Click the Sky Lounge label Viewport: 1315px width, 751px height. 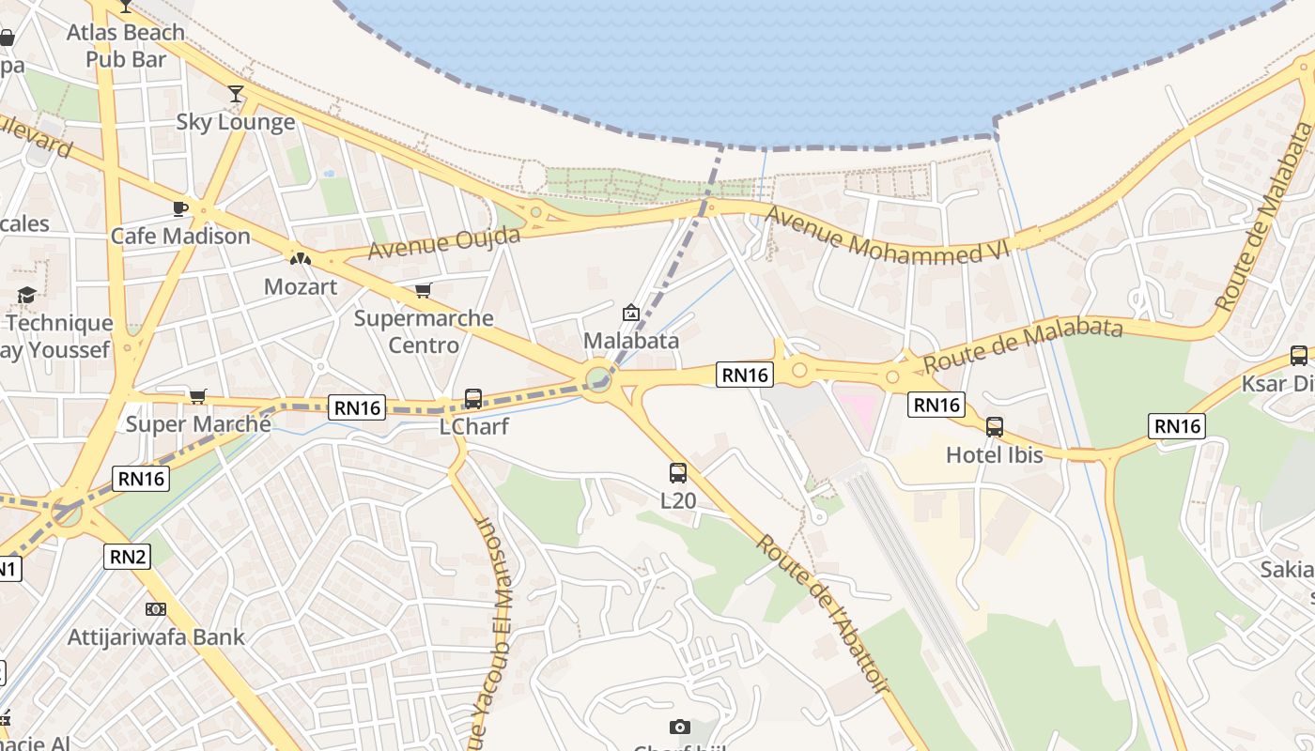point(236,122)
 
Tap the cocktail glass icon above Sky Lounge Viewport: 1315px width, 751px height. point(236,93)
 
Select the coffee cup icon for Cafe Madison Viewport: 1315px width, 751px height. point(180,207)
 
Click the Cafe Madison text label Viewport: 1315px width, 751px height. point(180,236)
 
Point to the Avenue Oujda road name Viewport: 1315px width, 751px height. point(443,242)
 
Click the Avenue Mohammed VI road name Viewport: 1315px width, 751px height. point(887,234)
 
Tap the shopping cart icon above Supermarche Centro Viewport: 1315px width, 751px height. point(424,290)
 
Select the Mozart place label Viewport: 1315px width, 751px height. point(301,285)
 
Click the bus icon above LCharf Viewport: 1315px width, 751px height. point(473,399)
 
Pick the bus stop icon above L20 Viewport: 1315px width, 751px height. point(678,472)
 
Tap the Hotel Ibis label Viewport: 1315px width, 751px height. point(995,455)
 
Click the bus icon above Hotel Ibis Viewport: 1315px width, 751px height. point(995,427)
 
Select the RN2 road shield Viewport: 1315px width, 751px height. point(128,557)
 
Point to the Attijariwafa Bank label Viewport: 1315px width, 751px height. point(156,637)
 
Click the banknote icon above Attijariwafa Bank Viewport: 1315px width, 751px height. point(156,609)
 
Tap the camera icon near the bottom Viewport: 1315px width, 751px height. point(680,727)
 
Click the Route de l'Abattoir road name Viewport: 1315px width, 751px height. point(823,615)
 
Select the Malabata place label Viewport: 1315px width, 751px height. point(631,340)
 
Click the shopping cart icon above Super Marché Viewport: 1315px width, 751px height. point(198,396)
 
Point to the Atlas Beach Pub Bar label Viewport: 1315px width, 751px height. point(126,46)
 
